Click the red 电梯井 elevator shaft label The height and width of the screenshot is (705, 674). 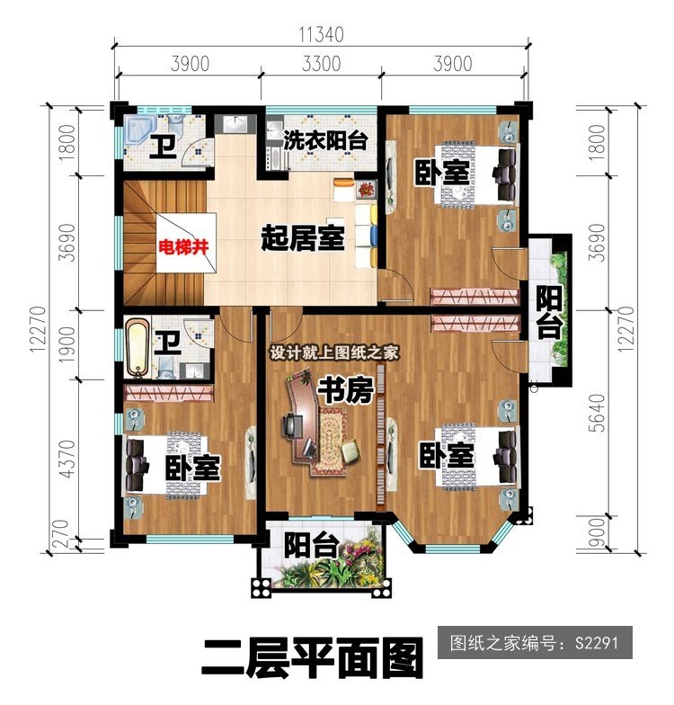[183, 247]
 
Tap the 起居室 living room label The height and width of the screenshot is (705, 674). [303, 237]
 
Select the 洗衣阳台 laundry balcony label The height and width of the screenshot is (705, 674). [325, 140]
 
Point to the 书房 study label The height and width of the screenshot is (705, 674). [345, 390]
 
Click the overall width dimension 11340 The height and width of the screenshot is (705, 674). [322, 34]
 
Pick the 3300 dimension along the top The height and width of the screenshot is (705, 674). [321, 63]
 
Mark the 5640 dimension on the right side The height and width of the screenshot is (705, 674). [597, 414]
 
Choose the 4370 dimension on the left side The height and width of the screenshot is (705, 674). [67, 459]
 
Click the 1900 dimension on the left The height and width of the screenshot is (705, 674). [67, 345]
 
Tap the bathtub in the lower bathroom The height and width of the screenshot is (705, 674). [137, 347]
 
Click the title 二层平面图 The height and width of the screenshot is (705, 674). [313, 658]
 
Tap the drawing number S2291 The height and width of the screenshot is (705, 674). [597, 642]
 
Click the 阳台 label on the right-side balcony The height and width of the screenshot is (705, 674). [549, 313]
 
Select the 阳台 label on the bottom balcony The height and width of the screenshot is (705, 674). [311, 545]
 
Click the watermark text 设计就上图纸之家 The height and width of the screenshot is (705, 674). [334, 352]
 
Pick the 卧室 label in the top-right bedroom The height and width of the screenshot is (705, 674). [441, 172]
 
